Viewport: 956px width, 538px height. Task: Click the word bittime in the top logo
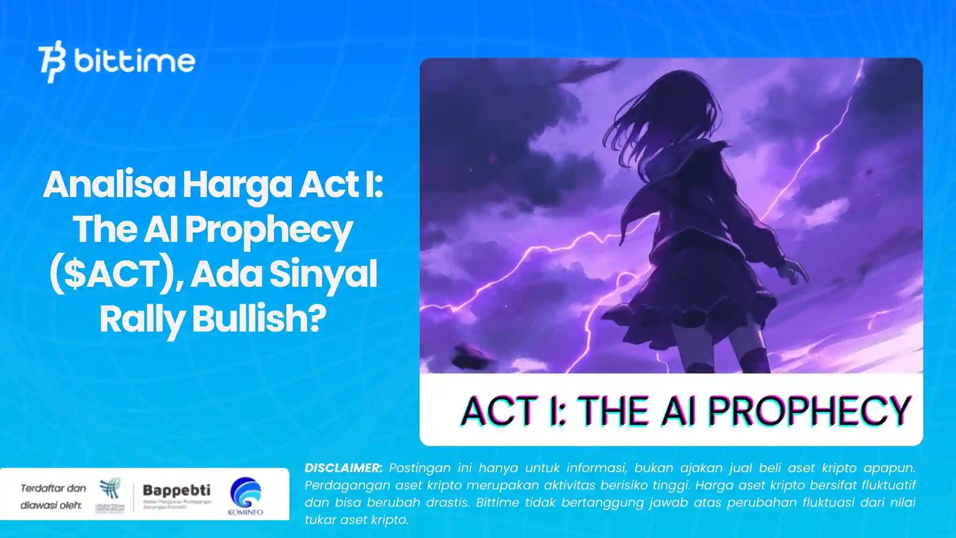134,61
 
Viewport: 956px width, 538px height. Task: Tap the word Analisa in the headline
109,185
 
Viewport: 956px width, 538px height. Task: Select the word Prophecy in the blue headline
268,230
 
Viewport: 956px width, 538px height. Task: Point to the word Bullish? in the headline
259,319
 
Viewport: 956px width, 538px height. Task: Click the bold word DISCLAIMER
343,468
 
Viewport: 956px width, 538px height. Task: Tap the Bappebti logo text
176,490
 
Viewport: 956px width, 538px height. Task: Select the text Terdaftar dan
53,488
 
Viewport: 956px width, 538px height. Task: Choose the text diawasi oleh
51,505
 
